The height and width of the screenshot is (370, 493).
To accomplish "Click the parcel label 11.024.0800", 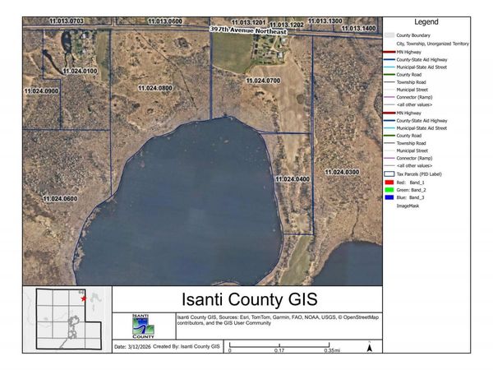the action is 154,87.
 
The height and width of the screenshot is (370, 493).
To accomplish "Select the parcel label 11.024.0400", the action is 292,178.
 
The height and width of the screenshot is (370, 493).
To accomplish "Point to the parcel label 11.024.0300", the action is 341,172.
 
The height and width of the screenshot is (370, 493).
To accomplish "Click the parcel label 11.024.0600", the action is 60,199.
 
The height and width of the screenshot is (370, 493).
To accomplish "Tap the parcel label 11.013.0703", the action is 67,18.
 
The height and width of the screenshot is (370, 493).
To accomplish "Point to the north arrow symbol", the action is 370,347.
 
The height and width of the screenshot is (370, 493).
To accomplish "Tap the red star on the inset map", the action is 84,299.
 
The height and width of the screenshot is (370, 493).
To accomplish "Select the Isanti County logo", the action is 143,325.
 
